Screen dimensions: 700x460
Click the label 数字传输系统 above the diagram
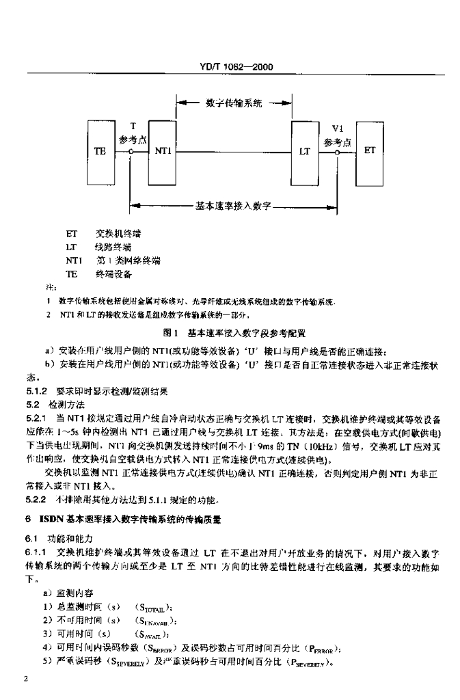[x=234, y=103]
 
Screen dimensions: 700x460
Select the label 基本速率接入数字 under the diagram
[x=234, y=204]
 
